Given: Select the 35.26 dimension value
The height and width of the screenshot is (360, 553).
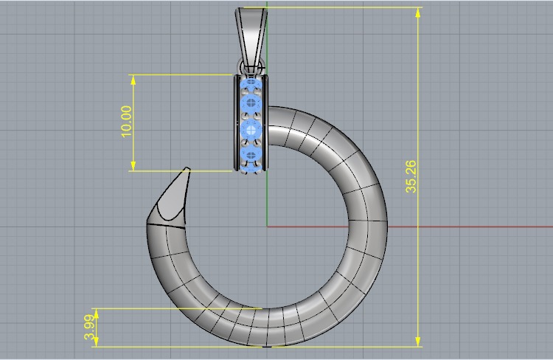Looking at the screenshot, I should (x=411, y=177).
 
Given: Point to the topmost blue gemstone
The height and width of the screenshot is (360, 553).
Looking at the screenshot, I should (x=251, y=86).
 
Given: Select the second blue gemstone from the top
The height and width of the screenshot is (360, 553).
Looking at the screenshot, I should (x=251, y=103).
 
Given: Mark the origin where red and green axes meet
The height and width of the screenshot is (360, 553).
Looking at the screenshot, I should (x=267, y=226).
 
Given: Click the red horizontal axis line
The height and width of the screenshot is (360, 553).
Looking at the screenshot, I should (x=442, y=226).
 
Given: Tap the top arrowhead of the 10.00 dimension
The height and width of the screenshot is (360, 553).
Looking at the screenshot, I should (x=133, y=79).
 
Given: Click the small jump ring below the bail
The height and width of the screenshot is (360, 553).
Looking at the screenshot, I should (x=251, y=69).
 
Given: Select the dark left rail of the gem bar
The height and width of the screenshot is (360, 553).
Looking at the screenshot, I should (x=237, y=122).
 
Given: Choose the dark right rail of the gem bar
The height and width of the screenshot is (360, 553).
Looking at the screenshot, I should (x=265, y=122).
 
